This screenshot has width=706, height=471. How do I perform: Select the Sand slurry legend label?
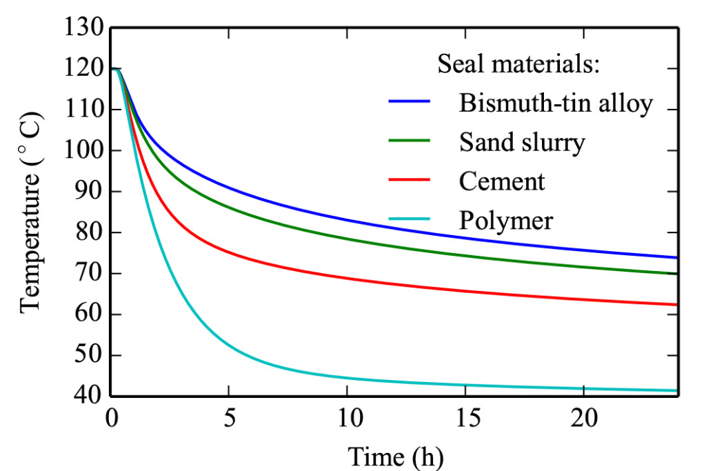pyautogui.click(x=522, y=142)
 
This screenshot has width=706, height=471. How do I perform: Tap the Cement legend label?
pyautogui.click(x=502, y=181)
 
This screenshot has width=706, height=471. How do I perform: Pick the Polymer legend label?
pyautogui.click(x=506, y=220)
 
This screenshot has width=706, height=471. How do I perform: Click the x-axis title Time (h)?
pyautogui.click(x=395, y=456)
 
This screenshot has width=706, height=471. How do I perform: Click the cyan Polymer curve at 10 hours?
pyautogui.click(x=347, y=378)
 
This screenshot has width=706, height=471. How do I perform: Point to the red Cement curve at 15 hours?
pyautogui.click(x=465, y=290)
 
